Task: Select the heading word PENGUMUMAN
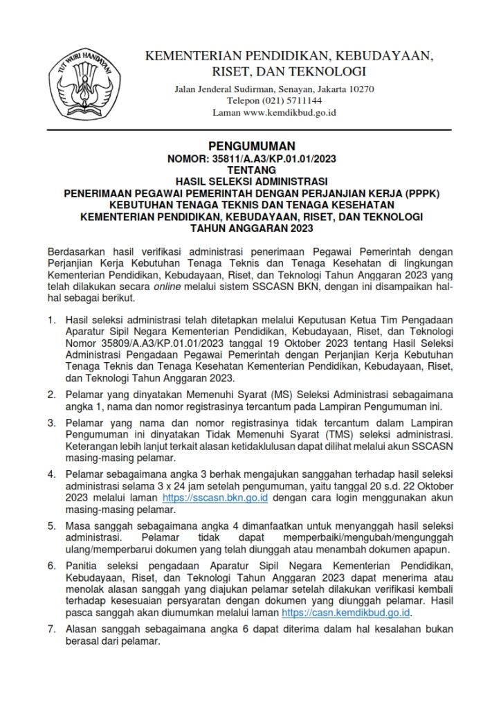coord(251,146)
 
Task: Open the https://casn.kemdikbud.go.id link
coord(347,613)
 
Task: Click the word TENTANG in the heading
coord(251,169)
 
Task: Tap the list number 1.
coord(51,321)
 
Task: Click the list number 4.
coord(51,474)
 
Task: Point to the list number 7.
coord(51,629)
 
